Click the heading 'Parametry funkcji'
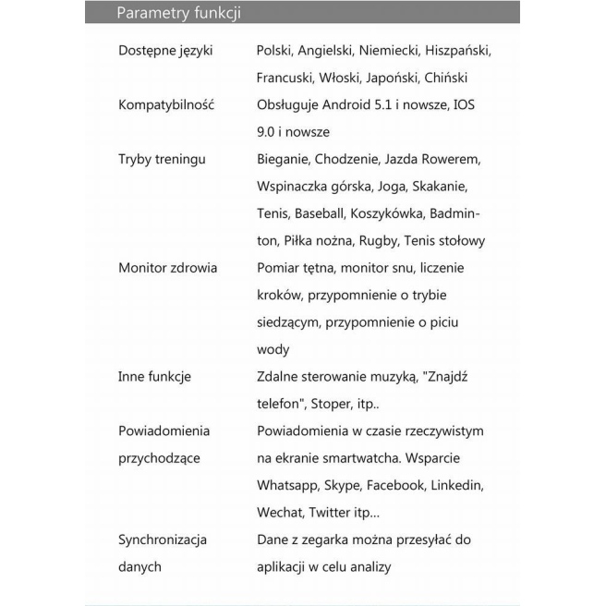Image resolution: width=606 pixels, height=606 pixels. pos(179,13)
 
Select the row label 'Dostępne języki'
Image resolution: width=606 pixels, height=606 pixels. pos(165,50)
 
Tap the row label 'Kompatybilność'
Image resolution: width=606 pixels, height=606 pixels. pos(166,104)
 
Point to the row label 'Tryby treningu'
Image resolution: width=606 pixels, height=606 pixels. pos(162,159)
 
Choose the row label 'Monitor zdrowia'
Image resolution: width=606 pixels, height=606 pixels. pos(167,268)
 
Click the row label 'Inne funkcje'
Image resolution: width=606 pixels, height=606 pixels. pos(154,377)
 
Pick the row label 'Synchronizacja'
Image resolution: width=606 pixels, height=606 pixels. pos(163,539)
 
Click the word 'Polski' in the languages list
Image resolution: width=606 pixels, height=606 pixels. pos(274,50)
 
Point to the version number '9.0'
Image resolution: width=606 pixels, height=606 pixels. pos(267,132)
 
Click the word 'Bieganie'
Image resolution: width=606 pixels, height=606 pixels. pos(283,159)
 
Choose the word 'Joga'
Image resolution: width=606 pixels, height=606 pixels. pos(391,187)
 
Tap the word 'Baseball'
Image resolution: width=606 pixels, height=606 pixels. pos(318,213)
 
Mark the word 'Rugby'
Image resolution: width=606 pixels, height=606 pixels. pos(379,241)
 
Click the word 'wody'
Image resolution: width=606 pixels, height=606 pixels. pos(273,350)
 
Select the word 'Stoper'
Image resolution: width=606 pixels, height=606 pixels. pos(331,404)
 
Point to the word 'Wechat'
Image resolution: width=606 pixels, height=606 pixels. pos(279,512)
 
